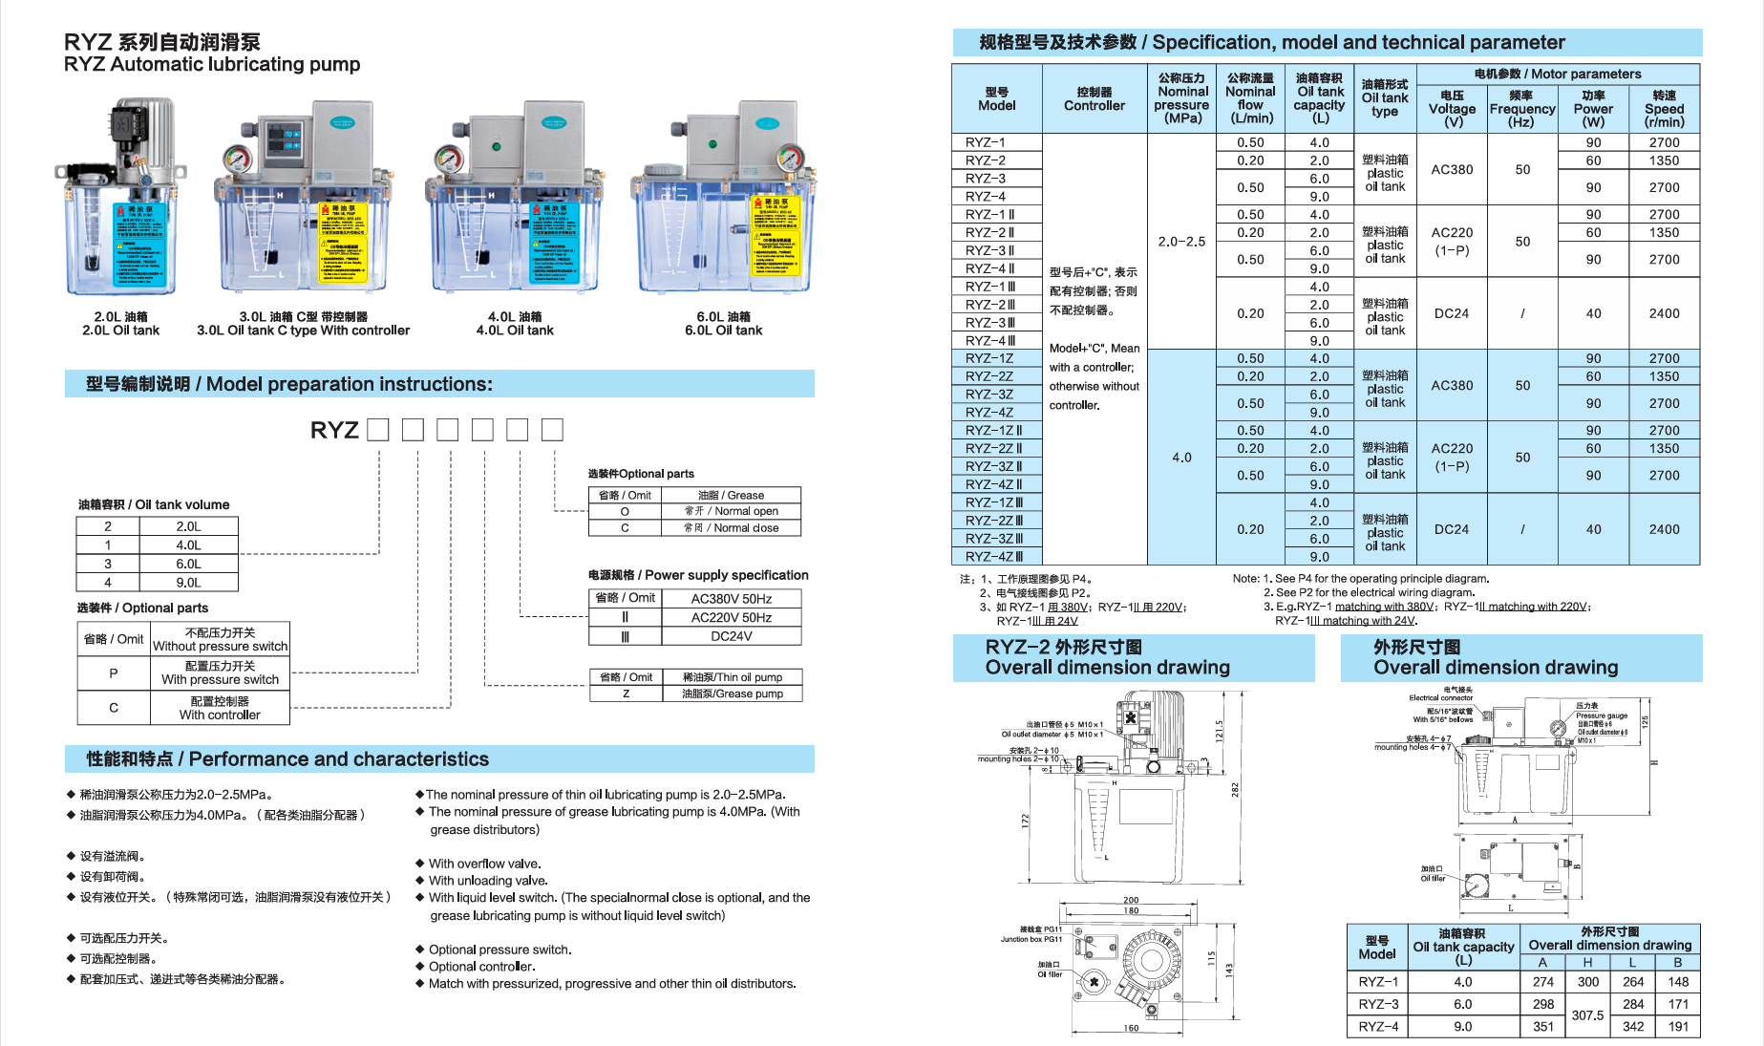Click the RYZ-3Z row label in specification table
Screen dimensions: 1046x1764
[x=989, y=395]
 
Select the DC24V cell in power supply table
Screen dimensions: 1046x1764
[x=731, y=636]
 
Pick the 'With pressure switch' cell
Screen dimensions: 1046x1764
[x=220, y=673]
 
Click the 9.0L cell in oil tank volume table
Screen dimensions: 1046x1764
[x=188, y=583]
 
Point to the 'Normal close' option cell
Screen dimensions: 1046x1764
[x=731, y=528]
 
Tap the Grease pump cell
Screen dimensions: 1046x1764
[x=732, y=694]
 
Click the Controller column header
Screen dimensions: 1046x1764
[x=1095, y=99]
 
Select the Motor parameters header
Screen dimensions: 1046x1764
[x=1558, y=75]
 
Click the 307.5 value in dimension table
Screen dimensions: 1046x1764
[x=1587, y=1015]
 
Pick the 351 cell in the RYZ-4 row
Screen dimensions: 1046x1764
[x=1543, y=1027]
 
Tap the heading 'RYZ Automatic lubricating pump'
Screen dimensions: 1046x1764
[x=212, y=65]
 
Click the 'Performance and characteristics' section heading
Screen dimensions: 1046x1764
[x=287, y=759]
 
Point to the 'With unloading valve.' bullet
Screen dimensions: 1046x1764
[x=487, y=881]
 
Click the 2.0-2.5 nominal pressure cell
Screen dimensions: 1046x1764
[x=1181, y=242]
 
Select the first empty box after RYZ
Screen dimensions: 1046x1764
[x=378, y=430]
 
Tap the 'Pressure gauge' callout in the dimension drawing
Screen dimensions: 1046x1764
[x=1602, y=715]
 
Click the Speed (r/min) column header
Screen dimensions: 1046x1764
[x=1664, y=109]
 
